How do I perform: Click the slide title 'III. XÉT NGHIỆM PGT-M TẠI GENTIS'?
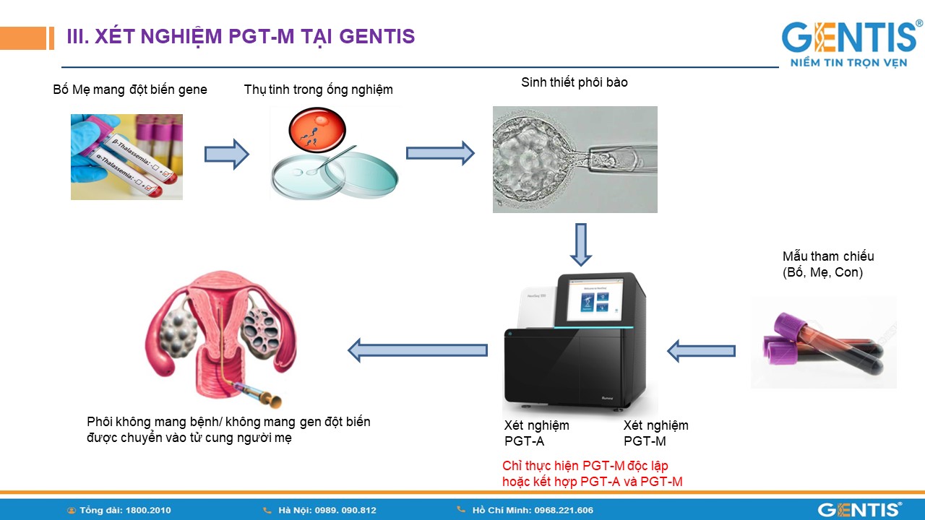coord(241,36)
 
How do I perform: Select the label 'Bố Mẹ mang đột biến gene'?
coord(130,90)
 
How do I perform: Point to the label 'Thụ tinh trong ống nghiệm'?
coord(318,90)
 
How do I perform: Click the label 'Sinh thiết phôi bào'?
coord(575,82)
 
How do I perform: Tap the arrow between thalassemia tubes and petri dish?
coord(226,154)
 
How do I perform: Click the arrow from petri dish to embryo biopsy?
coord(439,153)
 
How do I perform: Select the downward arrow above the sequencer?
coord(580,244)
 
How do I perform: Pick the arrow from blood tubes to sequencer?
coord(700,351)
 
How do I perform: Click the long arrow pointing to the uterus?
coord(418,350)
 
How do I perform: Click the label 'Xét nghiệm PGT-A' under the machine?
coord(536,433)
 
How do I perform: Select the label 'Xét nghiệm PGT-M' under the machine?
coord(655,433)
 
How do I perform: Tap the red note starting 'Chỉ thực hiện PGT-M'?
coord(592,474)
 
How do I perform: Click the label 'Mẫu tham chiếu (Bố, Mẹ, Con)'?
coord(828,264)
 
